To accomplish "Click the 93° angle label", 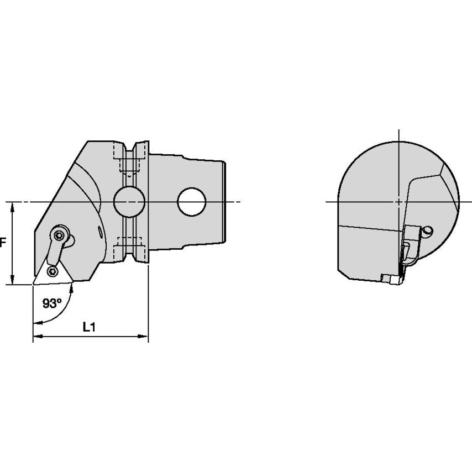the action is pyautogui.click(x=52, y=303).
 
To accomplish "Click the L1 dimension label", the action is pyautogui.click(x=89, y=327).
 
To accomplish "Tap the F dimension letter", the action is pyautogui.click(x=3, y=242).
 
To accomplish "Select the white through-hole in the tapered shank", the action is pyautogui.click(x=192, y=202).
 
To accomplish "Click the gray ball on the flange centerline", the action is pyautogui.click(x=129, y=202).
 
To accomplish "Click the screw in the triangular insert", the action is pyautogui.click(x=53, y=272).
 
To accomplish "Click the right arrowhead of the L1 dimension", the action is pyautogui.click(x=144, y=336).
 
